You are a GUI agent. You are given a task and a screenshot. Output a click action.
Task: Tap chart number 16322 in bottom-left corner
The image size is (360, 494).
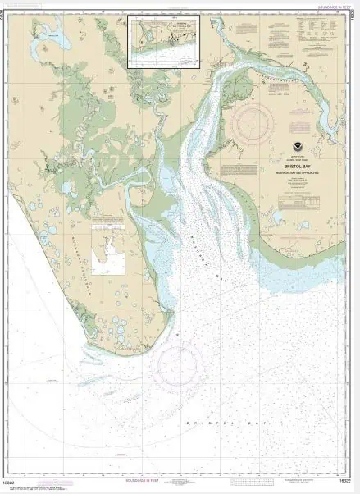coord(11,481)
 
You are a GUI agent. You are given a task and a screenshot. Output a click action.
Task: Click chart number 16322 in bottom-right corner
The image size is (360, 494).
coord(349,481)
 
